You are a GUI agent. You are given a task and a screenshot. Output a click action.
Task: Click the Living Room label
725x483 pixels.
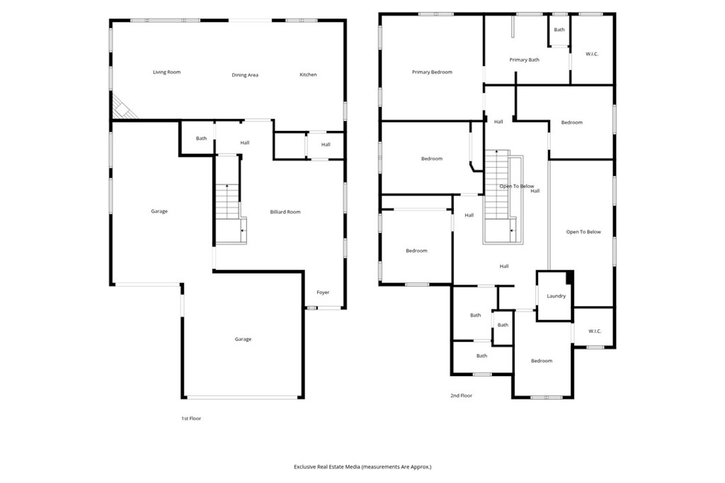(x=167, y=72)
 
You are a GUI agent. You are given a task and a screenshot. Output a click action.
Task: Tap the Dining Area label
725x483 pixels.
(x=245, y=75)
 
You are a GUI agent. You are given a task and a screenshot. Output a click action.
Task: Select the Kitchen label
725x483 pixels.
(x=309, y=74)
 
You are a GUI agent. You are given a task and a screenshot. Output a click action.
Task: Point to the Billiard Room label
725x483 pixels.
(x=285, y=212)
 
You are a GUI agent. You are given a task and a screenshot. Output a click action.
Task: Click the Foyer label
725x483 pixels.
(x=323, y=292)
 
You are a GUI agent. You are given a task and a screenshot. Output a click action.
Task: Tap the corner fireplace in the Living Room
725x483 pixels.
(x=123, y=108)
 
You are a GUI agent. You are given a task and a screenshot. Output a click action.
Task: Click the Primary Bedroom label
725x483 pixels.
(x=433, y=72)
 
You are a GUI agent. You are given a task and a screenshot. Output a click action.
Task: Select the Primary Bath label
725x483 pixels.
(x=525, y=59)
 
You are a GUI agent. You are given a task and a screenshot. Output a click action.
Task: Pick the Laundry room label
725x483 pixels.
(x=556, y=296)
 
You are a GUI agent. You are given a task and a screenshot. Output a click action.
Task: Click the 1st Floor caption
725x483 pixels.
(x=191, y=419)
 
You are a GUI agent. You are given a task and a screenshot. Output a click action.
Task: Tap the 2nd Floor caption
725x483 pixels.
(x=462, y=396)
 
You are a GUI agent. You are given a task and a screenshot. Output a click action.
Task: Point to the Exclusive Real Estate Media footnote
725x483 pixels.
(x=362, y=467)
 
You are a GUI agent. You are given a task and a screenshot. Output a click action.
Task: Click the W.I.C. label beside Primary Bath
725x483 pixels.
(x=592, y=54)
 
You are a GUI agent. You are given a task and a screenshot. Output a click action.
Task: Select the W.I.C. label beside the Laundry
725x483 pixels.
(x=595, y=331)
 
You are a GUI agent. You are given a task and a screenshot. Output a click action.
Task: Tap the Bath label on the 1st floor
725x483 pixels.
(x=201, y=138)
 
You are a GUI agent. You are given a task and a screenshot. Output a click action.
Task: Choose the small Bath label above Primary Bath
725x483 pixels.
(x=559, y=30)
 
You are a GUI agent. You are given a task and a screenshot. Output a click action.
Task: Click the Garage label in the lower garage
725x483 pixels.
(x=244, y=339)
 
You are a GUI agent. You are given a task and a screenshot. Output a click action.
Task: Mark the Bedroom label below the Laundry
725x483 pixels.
(x=542, y=361)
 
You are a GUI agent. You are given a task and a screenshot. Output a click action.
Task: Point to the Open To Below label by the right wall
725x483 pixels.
(x=583, y=232)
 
